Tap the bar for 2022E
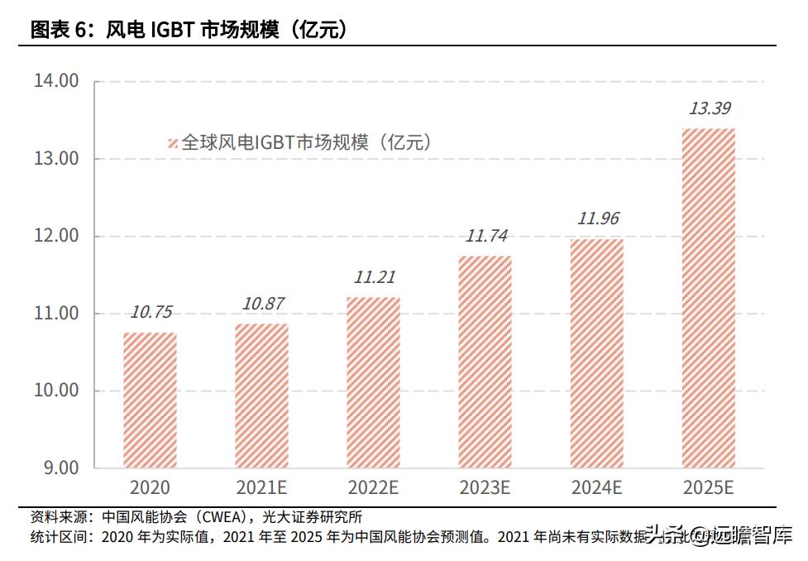point(372,381)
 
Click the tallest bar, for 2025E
point(709,298)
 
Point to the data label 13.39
point(710,108)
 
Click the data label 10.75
point(151,312)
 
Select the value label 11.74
point(485,236)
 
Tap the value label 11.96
point(598,219)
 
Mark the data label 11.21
point(373,277)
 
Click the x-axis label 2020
point(150,487)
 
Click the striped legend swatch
point(173,143)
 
